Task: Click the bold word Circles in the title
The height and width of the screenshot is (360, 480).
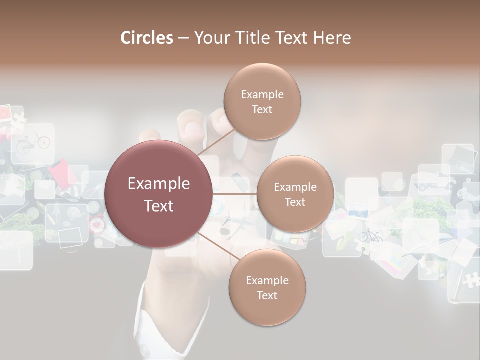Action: click(146, 38)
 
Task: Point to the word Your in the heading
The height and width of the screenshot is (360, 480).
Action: click(211, 38)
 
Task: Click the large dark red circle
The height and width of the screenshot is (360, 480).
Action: click(159, 194)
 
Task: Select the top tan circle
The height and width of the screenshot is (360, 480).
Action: click(262, 101)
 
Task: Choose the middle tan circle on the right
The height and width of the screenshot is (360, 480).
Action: click(295, 194)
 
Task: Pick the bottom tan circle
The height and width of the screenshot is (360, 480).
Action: click(267, 287)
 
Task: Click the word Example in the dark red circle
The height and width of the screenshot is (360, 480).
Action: click(159, 184)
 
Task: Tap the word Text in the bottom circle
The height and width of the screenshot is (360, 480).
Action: click(267, 295)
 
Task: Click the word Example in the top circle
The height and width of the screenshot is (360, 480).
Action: click(262, 94)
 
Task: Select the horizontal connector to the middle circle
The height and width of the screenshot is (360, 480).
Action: click(234, 194)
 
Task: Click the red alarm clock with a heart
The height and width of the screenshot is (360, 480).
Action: click(96, 224)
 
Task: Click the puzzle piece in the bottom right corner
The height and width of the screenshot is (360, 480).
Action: click(470, 280)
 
